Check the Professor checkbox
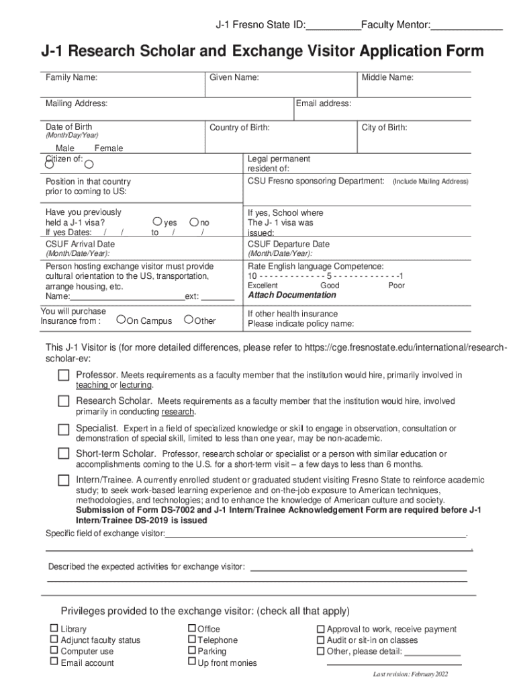[63, 375]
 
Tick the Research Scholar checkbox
[63, 401]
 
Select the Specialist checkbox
[63, 429]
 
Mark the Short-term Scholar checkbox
[63, 454]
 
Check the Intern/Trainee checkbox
[63, 480]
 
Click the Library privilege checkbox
[54, 629]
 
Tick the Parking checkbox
[191, 650]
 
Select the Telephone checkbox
[191, 640]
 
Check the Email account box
[54, 662]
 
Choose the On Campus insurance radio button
[122, 320]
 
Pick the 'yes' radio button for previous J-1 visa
[157, 222]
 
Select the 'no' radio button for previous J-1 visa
[194, 222]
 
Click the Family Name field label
[71, 78]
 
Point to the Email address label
[324, 103]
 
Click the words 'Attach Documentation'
[292, 295]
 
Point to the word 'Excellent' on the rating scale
[263, 286]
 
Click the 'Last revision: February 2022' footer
[410, 674]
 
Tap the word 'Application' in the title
[397, 52]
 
